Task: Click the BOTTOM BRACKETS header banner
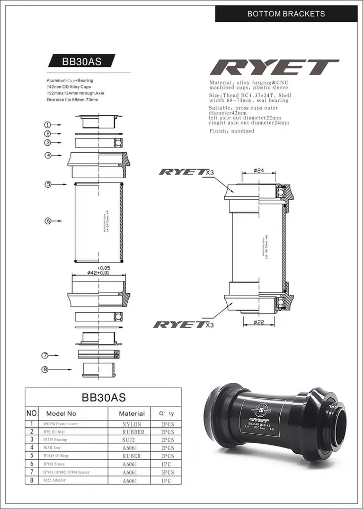pyautogui.click(x=286, y=13)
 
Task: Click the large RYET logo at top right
pyautogui.click(x=274, y=68)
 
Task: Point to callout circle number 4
pyautogui.click(x=48, y=155)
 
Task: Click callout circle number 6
pyautogui.click(x=48, y=220)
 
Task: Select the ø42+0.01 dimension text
pyautogui.click(x=99, y=273)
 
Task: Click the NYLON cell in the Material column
pyautogui.click(x=131, y=424)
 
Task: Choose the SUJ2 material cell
pyautogui.click(x=131, y=440)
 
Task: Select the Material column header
pyautogui.click(x=131, y=413)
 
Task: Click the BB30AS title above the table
pyautogui.click(x=103, y=397)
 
